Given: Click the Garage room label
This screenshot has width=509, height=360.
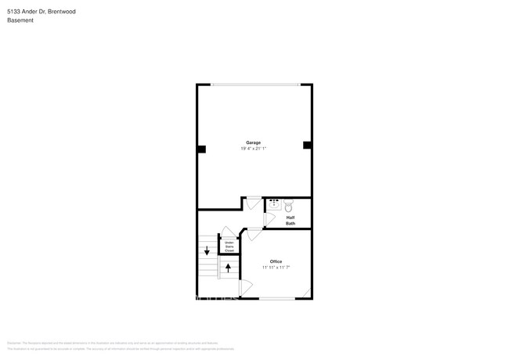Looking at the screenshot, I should (x=254, y=142).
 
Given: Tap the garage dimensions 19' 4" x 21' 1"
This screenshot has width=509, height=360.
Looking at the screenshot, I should (x=254, y=148).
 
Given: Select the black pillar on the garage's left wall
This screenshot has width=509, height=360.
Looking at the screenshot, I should (x=201, y=149).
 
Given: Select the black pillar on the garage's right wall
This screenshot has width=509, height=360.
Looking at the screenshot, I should (x=307, y=145).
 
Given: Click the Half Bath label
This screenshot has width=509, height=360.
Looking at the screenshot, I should (x=290, y=221).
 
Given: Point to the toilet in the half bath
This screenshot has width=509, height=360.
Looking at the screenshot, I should (x=288, y=207).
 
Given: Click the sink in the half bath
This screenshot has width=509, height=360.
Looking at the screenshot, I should (x=274, y=207).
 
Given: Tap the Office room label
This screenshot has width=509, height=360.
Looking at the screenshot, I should (x=276, y=261).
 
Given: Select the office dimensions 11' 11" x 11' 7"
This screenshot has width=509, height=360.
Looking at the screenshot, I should (x=276, y=267).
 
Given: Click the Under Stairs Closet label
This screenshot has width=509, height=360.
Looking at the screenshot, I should (x=229, y=247).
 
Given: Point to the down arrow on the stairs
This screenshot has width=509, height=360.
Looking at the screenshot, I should (x=207, y=250).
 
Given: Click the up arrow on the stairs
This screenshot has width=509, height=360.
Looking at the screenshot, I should (x=229, y=268).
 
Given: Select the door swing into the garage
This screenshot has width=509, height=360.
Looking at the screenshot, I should (x=253, y=203).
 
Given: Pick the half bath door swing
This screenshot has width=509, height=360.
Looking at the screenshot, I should (x=269, y=219).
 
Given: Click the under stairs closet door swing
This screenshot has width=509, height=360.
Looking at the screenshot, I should (x=227, y=232).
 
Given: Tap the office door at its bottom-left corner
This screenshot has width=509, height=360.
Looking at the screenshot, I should (x=245, y=288).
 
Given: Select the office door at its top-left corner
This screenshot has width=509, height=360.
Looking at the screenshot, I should (x=254, y=232).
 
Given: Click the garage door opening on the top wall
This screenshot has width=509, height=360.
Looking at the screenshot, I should (x=254, y=85).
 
